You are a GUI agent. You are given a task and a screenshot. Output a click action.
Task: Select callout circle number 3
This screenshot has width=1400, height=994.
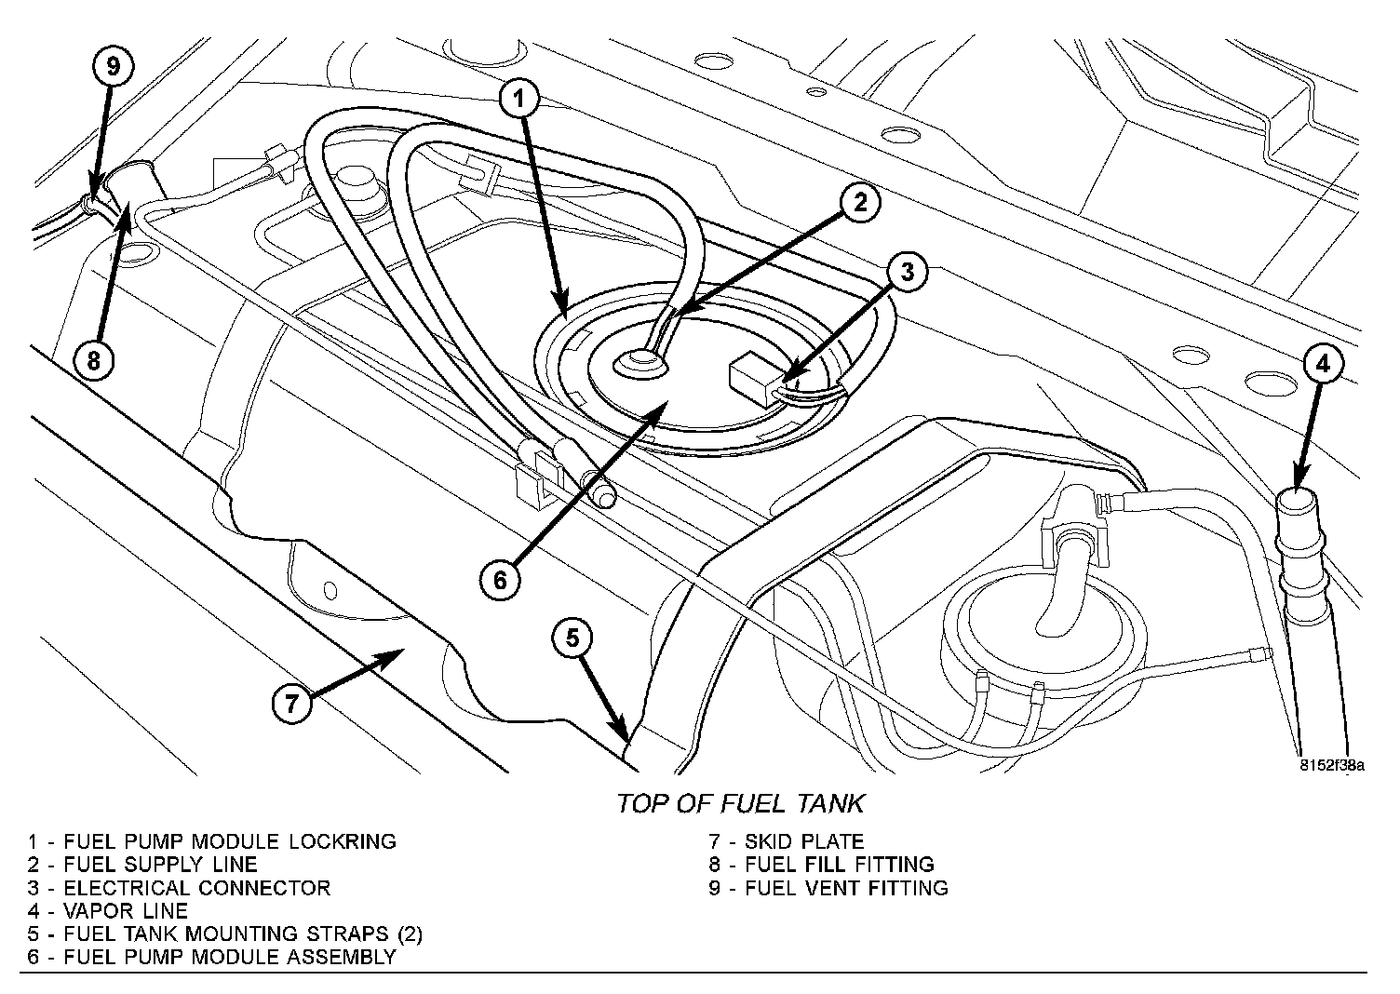point(908,272)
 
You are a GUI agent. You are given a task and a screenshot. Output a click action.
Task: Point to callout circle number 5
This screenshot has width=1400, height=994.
point(572,638)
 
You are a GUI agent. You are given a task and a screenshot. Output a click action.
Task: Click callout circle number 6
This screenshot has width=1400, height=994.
point(500,580)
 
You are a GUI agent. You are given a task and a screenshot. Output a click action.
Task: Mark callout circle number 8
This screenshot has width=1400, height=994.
point(93,359)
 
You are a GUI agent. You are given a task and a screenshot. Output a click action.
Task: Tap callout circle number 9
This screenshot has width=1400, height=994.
point(113,66)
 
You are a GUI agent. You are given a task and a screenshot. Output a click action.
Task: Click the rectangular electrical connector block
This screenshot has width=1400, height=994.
point(753,379)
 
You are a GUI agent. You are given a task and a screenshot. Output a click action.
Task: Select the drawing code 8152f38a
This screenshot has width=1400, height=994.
point(1332,766)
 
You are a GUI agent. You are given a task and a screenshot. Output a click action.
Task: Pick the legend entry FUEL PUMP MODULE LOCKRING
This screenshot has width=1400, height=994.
point(212,841)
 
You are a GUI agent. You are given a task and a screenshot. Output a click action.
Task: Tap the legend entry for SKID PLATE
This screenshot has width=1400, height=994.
point(787,841)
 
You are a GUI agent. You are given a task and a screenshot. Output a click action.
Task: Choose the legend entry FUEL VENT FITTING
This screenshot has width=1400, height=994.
point(828,888)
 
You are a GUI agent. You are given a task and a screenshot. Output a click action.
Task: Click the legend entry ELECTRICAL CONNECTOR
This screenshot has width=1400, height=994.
point(179,888)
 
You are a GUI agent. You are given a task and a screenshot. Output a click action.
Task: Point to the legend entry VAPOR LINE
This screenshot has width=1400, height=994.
point(108,911)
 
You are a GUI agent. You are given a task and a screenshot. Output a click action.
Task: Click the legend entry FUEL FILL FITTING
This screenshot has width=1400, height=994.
point(821,865)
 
